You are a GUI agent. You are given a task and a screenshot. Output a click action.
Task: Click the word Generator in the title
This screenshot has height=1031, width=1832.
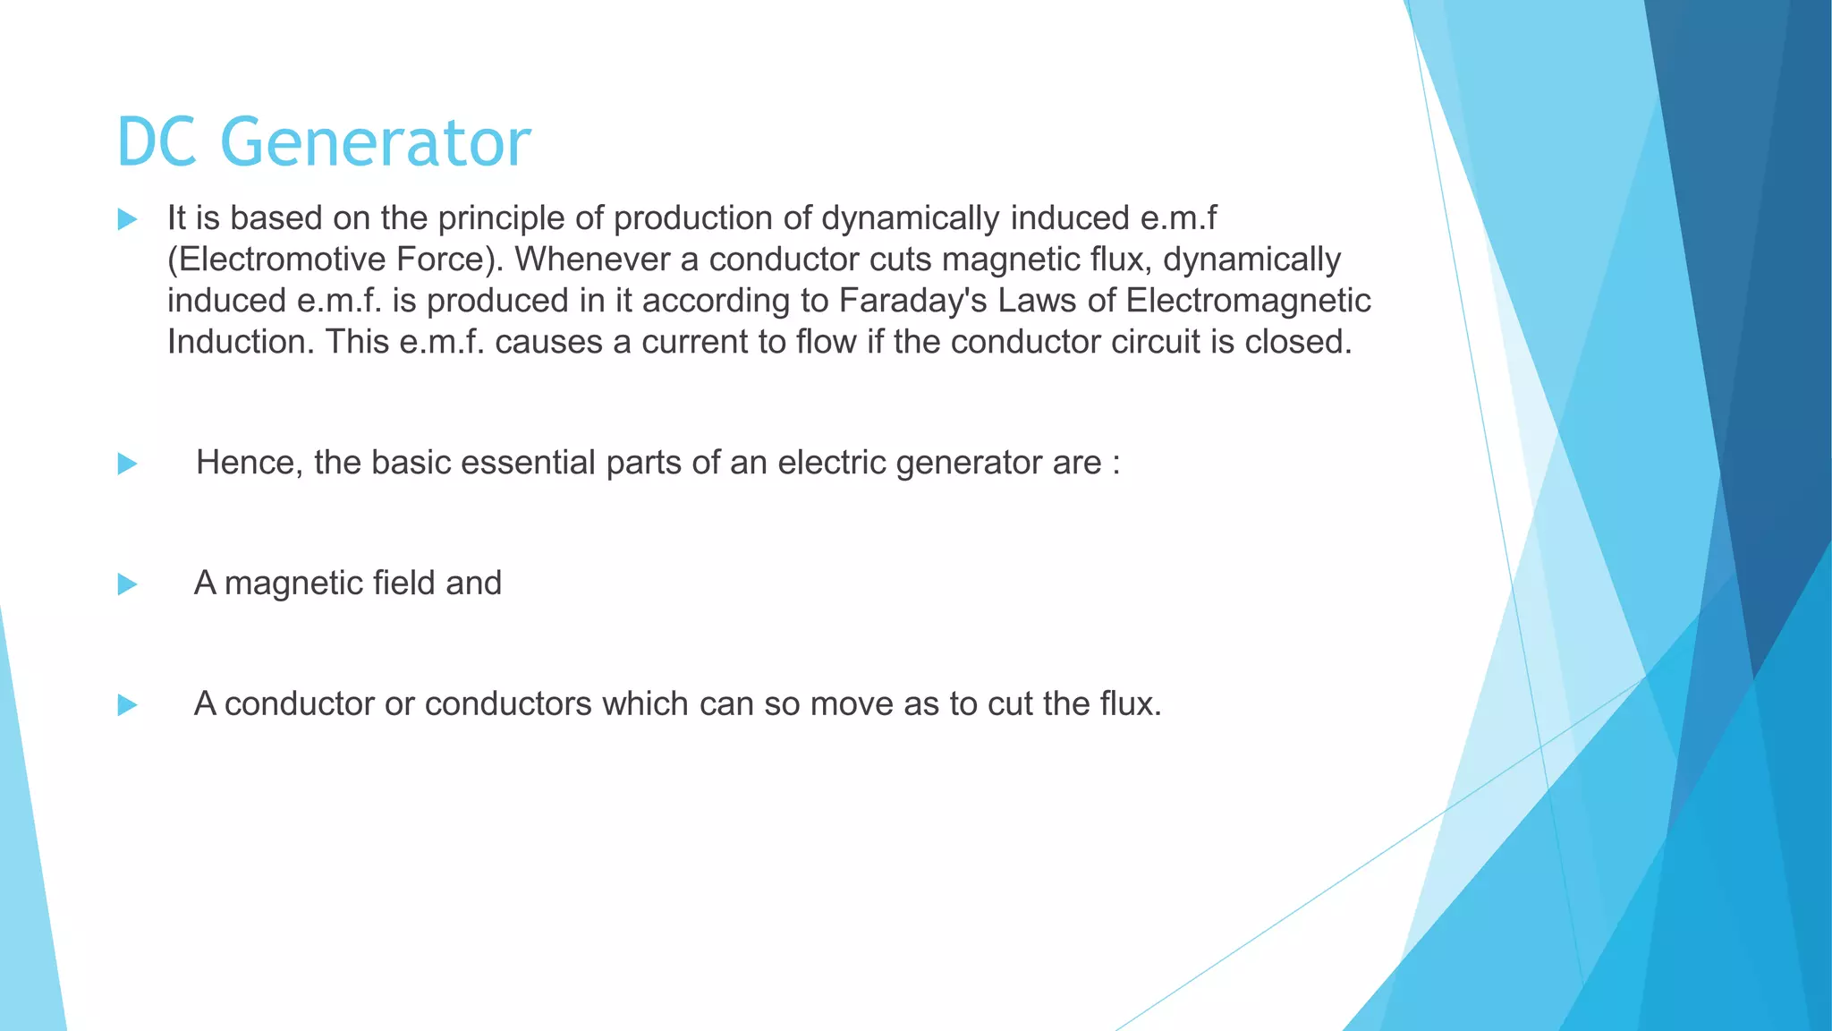pyautogui.click(x=375, y=142)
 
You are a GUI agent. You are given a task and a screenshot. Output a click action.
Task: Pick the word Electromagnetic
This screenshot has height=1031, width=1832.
pyautogui.click(x=1248, y=301)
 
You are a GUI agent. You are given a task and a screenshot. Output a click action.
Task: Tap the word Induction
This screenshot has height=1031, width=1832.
pyautogui.click(x=241, y=342)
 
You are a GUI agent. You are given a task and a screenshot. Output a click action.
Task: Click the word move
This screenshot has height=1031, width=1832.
pyautogui.click(x=852, y=704)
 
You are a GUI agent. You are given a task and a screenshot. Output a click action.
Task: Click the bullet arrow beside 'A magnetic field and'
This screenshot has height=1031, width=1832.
pyautogui.click(x=127, y=584)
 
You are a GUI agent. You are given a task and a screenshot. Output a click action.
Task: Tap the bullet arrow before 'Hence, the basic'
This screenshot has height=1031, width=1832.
pyautogui.click(x=127, y=464)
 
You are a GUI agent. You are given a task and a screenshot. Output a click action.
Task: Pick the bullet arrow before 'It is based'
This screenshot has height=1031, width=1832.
pyautogui.click(x=127, y=219)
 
